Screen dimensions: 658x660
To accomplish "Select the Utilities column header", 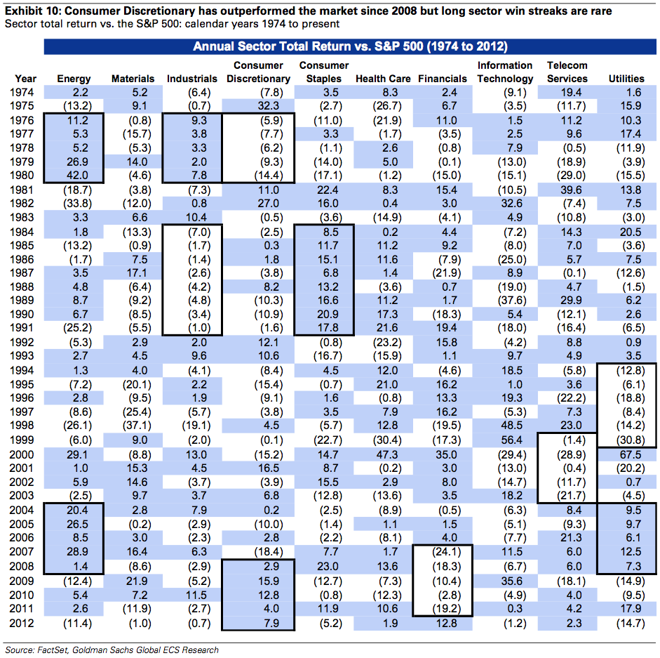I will point(626,79).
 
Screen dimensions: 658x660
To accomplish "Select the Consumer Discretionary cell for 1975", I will point(258,105).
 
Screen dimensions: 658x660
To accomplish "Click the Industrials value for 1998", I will point(193,427).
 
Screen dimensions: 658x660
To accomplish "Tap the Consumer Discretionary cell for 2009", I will point(258,581).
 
